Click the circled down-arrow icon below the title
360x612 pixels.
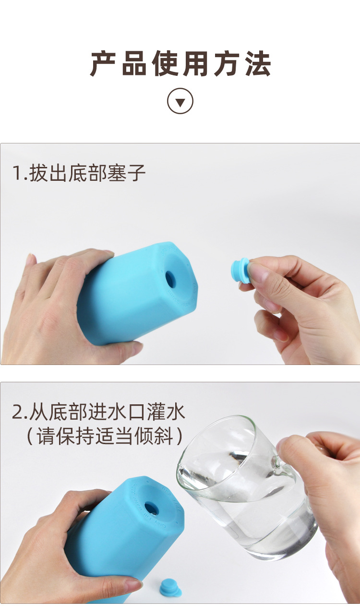180,101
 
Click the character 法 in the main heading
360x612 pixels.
257,63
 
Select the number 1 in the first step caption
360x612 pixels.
18,174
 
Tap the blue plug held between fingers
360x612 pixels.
240,271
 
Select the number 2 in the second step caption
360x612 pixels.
18,412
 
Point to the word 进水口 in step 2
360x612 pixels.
117,412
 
